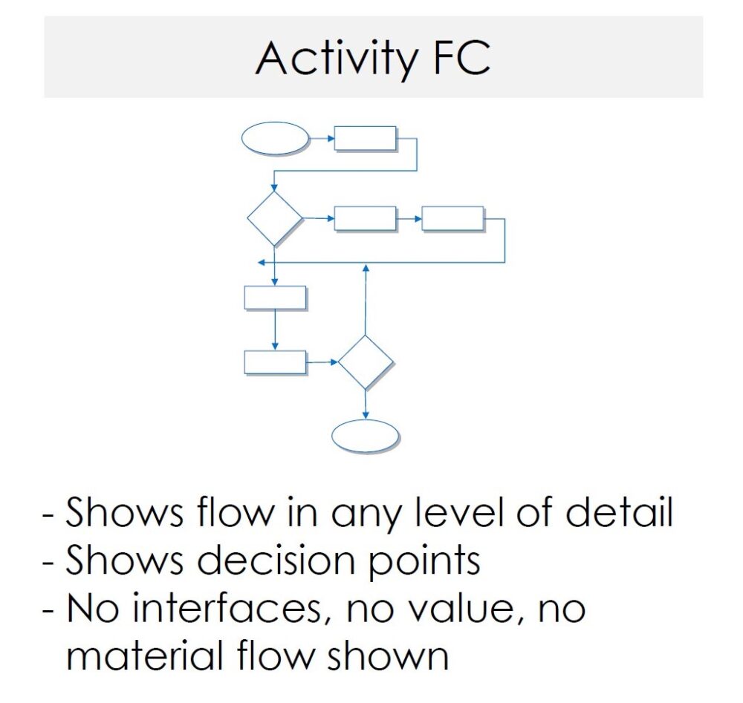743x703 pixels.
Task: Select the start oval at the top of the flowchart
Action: tap(275, 138)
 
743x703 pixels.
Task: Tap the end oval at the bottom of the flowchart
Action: tap(365, 436)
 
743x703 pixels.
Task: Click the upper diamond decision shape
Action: tap(275, 218)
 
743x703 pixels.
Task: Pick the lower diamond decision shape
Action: tap(366, 362)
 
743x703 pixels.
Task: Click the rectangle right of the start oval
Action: tap(365, 138)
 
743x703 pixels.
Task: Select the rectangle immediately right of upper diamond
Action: tap(365, 218)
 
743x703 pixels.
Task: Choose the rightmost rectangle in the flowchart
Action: tap(452, 218)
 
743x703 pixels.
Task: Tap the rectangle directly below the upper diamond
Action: tap(275, 297)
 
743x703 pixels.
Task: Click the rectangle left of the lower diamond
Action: tap(275, 362)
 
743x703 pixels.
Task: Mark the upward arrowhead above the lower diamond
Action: tap(366, 267)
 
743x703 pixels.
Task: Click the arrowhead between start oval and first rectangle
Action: tap(328, 138)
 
